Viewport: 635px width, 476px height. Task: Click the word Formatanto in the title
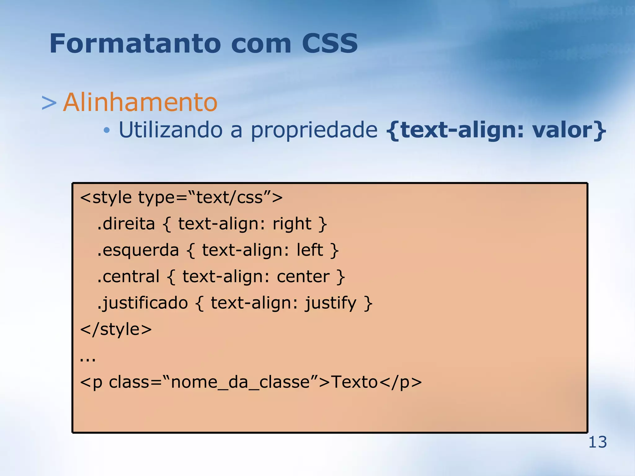[x=135, y=43]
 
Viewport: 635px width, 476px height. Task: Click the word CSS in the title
[x=330, y=43]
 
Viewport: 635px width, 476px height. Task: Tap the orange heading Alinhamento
[x=140, y=102]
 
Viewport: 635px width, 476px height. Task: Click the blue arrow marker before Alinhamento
[x=49, y=103]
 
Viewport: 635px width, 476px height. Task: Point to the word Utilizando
[x=170, y=130]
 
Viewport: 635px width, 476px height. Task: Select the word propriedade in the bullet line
[x=314, y=130]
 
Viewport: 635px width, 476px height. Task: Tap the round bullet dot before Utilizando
[x=107, y=131]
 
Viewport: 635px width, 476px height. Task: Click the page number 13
[x=597, y=442]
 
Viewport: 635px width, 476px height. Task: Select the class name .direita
[x=126, y=224]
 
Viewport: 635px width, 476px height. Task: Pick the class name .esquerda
[x=138, y=250]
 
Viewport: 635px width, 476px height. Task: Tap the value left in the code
[x=310, y=250]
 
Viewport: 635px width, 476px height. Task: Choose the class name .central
[x=128, y=276]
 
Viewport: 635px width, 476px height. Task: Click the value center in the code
[x=303, y=276]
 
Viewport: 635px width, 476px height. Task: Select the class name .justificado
[x=142, y=303]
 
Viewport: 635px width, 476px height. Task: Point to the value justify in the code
[x=331, y=303]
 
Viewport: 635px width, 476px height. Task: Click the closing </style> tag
[x=116, y=329]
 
